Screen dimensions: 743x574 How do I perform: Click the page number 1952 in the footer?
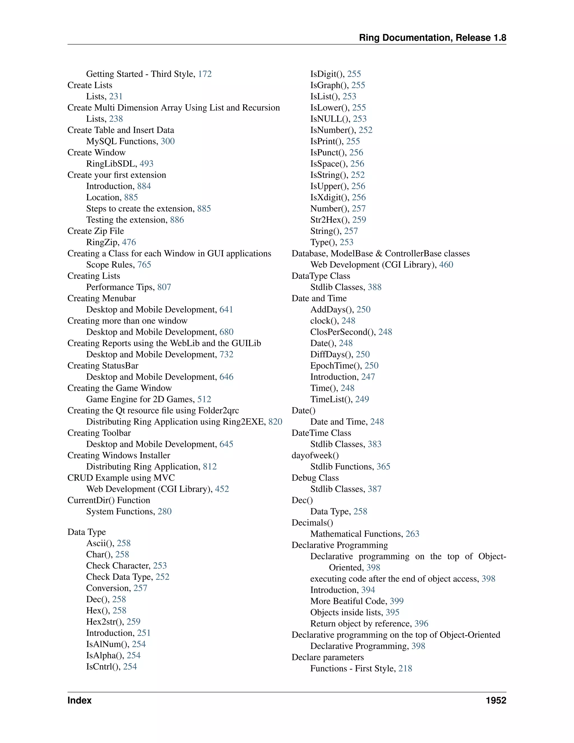[496, 700]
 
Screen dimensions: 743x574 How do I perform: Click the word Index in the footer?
[80, 700]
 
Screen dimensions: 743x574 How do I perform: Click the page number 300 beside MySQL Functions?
[168, 141]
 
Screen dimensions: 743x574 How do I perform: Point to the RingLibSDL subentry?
[111, 164]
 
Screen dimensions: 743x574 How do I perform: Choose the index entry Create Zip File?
[96, 231]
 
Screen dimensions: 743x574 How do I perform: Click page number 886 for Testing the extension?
[177, 220]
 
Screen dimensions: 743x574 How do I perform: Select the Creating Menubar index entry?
[101, 298]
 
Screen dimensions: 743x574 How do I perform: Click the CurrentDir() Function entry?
[108, 500]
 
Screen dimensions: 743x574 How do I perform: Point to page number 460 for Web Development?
[446, 265]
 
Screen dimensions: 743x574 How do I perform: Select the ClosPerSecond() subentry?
[343, 332]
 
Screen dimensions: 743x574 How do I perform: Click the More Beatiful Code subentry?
[349, 601]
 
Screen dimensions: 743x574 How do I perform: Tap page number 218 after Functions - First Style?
[405, 668]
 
